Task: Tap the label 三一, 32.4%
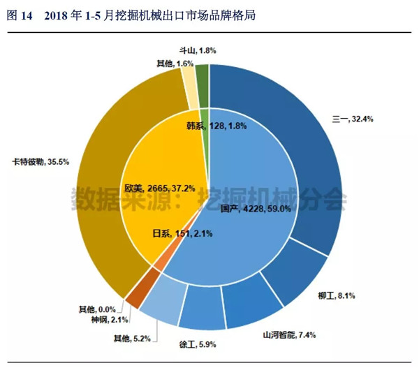click(353, 119)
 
